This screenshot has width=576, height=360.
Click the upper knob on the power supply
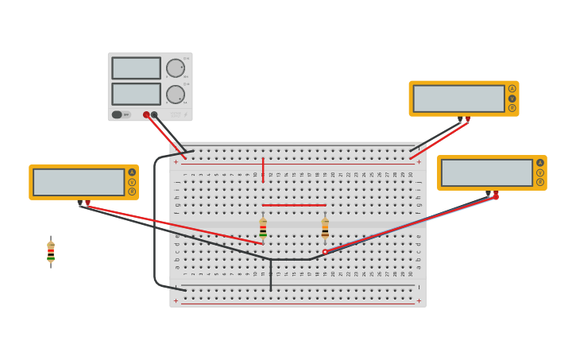point(175,68)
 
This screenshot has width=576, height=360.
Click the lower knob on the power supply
point(175,95)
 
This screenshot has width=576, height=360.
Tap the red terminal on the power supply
point(146,114)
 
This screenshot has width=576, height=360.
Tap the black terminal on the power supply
point(154,114)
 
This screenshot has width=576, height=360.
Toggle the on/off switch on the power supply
point(118,114)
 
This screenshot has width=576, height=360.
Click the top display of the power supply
point(136,68)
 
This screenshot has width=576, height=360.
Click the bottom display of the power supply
point(136,94)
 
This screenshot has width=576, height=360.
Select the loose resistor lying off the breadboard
point(51,252)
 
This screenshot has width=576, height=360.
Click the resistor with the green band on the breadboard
point(263,230)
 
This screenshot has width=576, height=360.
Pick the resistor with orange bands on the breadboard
point(325,229)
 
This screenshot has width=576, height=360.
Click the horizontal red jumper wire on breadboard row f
point(294,205)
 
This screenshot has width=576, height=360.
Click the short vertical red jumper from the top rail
point(263,170)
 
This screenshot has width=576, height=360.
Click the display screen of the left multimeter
point(79,182)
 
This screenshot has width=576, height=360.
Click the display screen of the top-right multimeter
point(458,99)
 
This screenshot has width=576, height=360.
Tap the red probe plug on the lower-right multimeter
point(496,194)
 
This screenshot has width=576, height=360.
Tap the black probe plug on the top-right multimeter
point(460,119)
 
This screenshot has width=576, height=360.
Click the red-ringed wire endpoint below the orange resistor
point(325,252)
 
